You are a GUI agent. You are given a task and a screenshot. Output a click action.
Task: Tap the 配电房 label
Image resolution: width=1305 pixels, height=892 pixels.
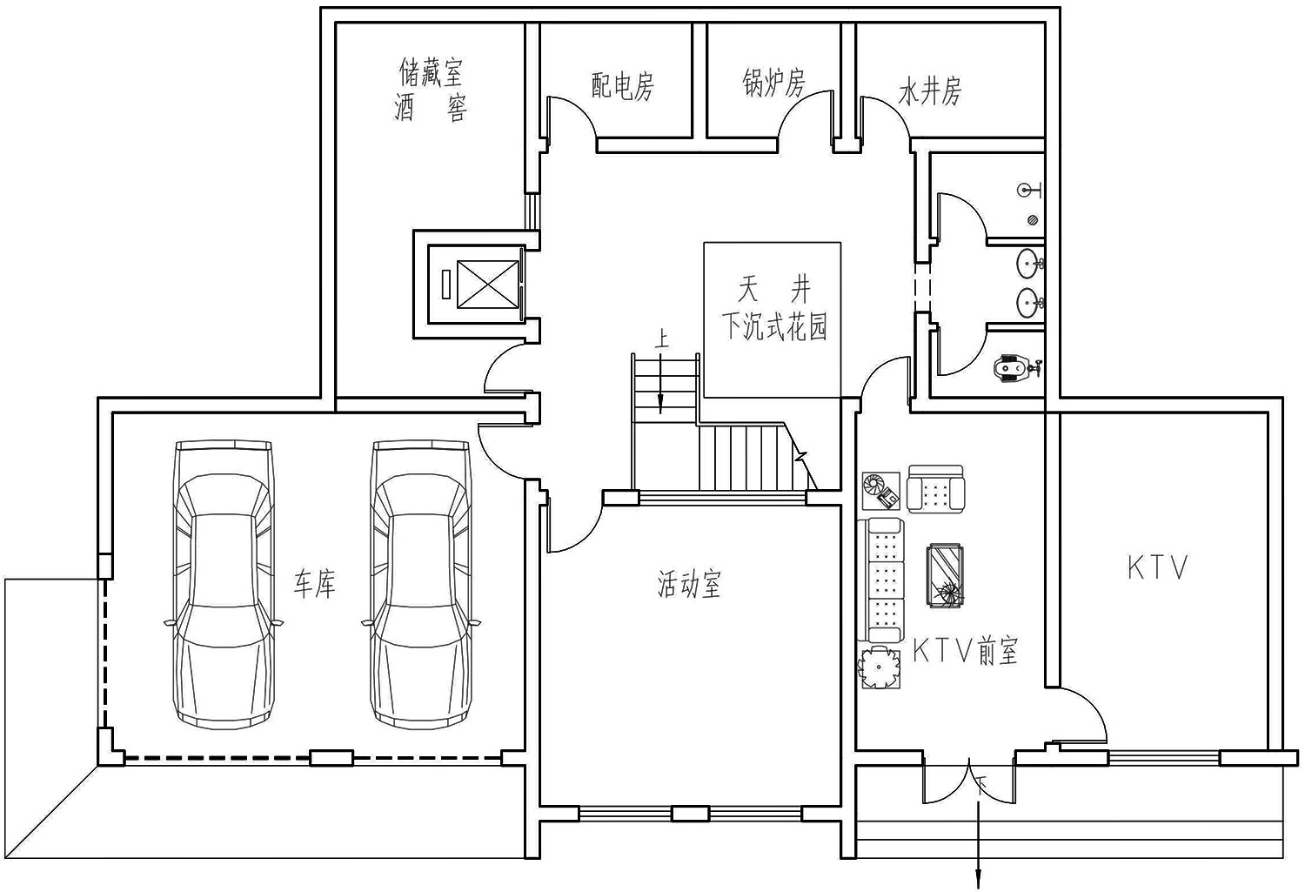tap(623, 86)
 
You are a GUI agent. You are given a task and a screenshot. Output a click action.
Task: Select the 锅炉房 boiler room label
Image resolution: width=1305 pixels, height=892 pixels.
tap(774, 82)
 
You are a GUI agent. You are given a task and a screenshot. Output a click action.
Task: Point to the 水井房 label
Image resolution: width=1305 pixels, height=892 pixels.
tap(930, 91)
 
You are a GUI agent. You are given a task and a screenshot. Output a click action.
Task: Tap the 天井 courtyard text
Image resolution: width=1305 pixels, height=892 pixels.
tap(774, 290)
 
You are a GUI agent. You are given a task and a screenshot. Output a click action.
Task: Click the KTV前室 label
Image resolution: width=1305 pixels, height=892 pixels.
tap(966, 651)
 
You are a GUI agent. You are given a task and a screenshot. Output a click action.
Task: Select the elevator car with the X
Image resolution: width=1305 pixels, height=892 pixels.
tap(487, 284)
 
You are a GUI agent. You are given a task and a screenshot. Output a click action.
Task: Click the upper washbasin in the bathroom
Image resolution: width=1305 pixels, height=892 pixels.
tap(1030, 264)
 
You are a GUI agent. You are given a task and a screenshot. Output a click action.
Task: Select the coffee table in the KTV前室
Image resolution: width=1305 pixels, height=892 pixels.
tap(944, 575)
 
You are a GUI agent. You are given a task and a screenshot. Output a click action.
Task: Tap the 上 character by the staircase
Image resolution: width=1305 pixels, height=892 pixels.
tap(662, 339)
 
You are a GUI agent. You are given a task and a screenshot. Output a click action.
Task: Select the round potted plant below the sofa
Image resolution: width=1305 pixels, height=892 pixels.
tap(879, 667)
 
